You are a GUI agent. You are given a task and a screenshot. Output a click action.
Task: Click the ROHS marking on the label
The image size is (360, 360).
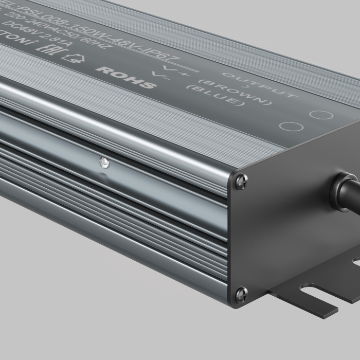[125, 77]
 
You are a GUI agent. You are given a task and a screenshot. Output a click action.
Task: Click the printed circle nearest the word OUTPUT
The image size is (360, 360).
[322, 114]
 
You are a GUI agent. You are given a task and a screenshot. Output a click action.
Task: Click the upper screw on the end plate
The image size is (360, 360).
[241, 181]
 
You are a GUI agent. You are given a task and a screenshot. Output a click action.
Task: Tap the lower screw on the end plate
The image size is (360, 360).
[241, 294]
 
